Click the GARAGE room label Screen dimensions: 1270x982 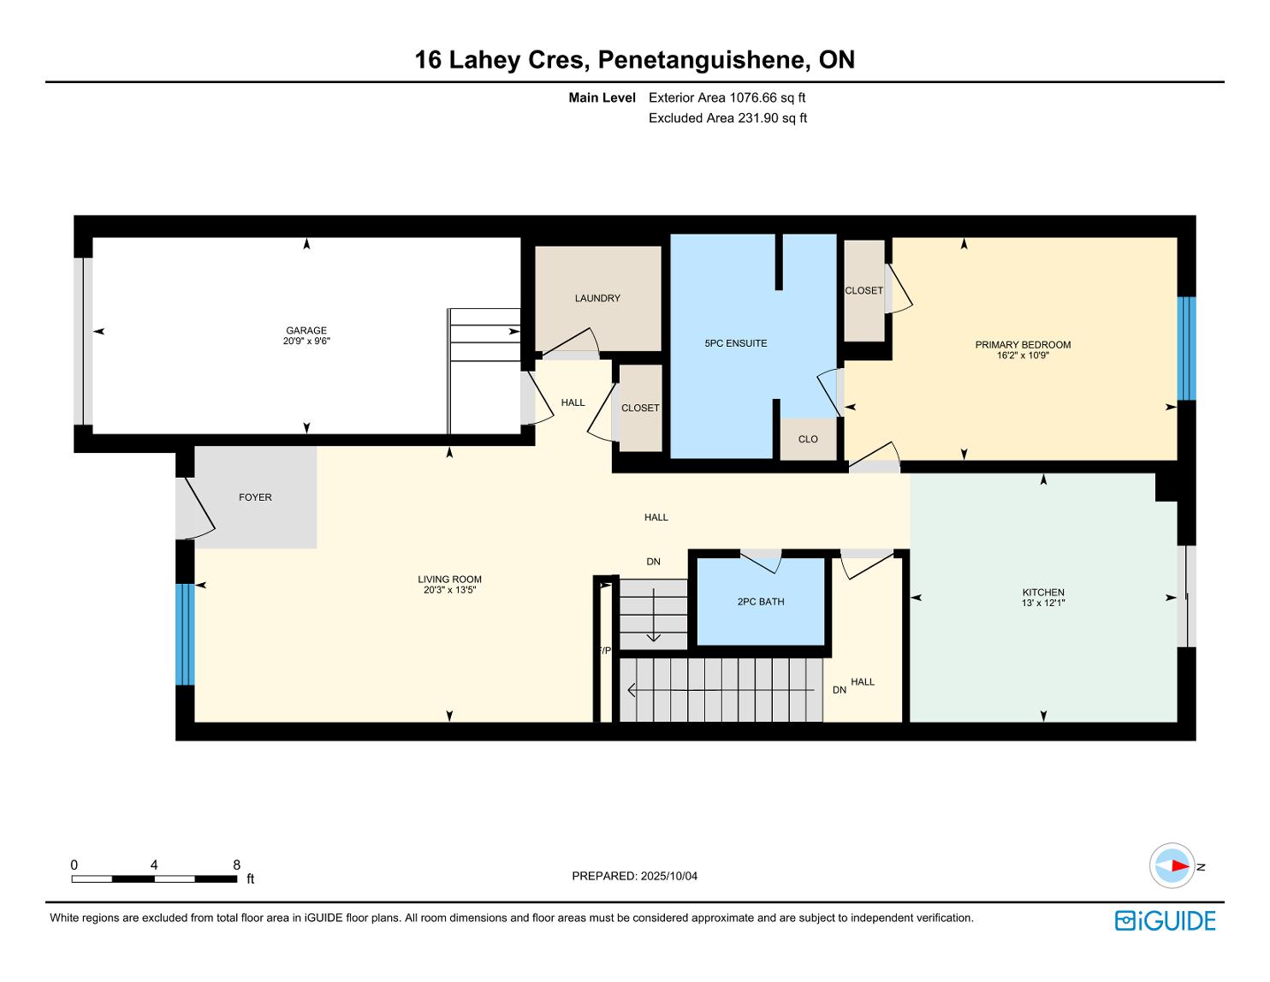coord(306,330)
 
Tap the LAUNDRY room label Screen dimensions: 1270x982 coord(597,298)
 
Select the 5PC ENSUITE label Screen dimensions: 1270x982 coord(736,343)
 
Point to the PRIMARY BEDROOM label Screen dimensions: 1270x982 coord(1023,344)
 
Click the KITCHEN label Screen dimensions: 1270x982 coord(1043,592)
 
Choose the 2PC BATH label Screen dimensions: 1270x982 coord(761,602)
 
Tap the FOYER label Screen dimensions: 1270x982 coord(255,497)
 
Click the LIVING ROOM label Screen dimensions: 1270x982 coord(449,580)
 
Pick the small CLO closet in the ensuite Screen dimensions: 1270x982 coord(808,439)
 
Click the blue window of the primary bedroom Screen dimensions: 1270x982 coord(1186,348)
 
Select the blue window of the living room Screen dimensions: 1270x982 coord(185,634)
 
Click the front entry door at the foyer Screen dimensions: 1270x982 coord(196,509)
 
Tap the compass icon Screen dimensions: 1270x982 coord(1172,866)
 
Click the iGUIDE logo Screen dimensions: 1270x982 coord(1166,920)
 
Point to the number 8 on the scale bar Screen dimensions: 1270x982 coord(237,865)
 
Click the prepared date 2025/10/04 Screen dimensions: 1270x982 coord(669,876)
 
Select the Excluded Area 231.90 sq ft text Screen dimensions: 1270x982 coord(727,118)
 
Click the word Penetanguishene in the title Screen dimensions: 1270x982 coord(703,60)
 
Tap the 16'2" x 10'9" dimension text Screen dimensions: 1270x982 coord(1023,354)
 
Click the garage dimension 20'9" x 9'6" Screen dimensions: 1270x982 coord(306,341)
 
